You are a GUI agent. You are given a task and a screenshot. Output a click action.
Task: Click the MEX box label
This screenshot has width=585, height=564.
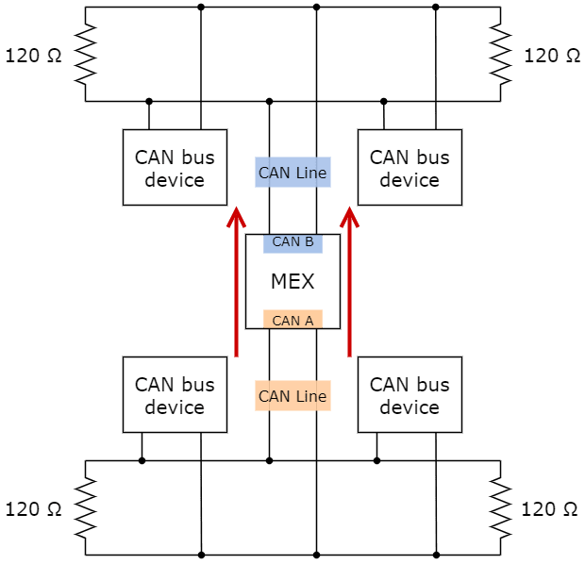coord(292,281)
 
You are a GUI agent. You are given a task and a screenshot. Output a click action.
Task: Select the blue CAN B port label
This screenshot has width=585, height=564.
coord(292,242)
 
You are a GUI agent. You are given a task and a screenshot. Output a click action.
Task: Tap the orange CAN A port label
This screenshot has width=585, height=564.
coord(292,320)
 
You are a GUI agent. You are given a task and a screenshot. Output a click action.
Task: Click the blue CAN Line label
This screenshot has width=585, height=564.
coord(292,173)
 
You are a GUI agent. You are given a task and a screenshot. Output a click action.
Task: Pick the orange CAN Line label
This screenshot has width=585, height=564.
coord(292,396)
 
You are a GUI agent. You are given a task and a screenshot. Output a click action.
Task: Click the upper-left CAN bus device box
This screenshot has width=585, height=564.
coord(175,168)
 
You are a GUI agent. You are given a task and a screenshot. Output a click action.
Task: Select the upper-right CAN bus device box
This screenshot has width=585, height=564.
coord(409,168)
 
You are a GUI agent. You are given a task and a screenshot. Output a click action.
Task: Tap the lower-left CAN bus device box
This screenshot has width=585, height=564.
coord(175,395)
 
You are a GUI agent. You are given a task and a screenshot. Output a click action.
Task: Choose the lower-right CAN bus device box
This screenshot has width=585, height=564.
coord(409,395)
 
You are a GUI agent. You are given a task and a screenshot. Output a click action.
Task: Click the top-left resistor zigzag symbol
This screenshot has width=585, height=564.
coord(85,54)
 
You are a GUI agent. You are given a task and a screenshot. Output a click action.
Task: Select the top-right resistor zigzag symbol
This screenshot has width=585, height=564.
coord(500,54)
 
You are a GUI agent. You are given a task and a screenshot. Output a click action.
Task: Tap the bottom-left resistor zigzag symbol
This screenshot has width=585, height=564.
coord(85,508)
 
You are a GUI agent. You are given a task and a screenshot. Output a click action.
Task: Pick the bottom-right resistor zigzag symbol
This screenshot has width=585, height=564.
coord(500,508)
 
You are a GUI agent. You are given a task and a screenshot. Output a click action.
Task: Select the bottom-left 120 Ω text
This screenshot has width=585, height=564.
coord(34,509)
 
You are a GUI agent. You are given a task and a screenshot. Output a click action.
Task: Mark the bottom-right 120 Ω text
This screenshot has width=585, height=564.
coord(550,509)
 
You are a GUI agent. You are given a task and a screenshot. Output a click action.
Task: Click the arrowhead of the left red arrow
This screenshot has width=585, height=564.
coord(236,220)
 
